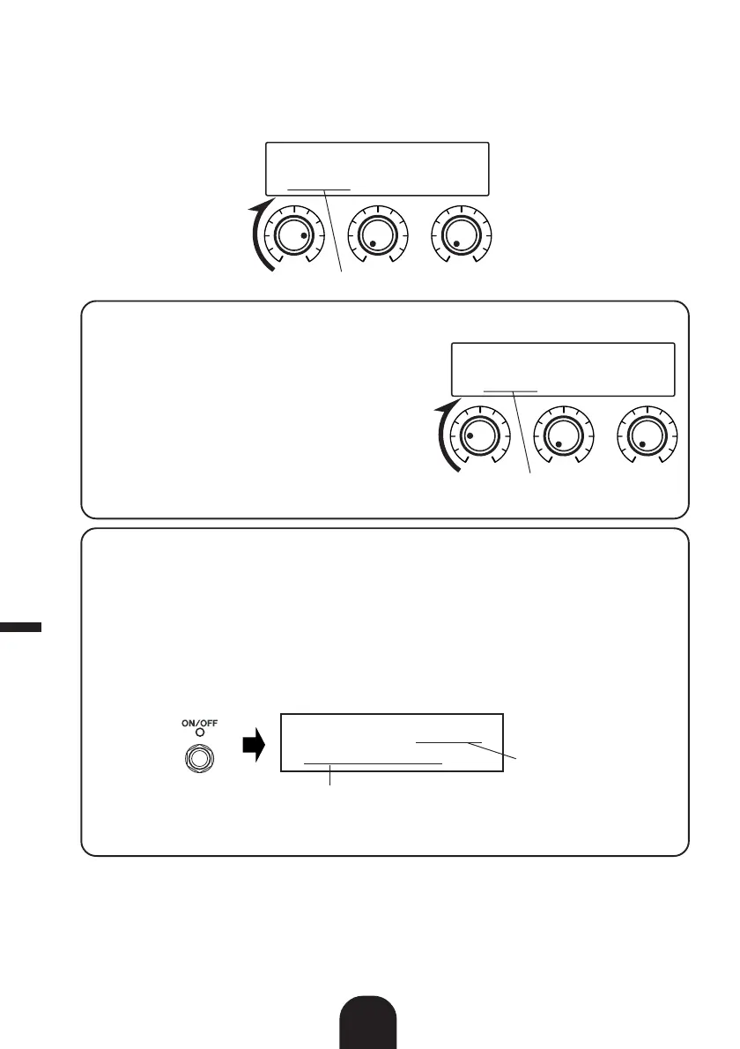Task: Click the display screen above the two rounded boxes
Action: [x=377, y=167]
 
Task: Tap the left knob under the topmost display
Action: [x=291, y=235]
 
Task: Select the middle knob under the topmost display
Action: [x=376, y=235]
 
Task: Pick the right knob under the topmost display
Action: [x=459, y=235]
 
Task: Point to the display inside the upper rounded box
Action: [x=563, y=369]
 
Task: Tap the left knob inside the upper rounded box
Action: [x=477, y=435]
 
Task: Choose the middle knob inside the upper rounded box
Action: [x=562, y=435]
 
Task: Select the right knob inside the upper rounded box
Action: [x=646, y=435]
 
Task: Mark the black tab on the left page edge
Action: [x=20, y=627]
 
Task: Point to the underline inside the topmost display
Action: [x=318, y=189]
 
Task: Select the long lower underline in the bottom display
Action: [x=373, y=760]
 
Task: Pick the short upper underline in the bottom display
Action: [x=449, y=742]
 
